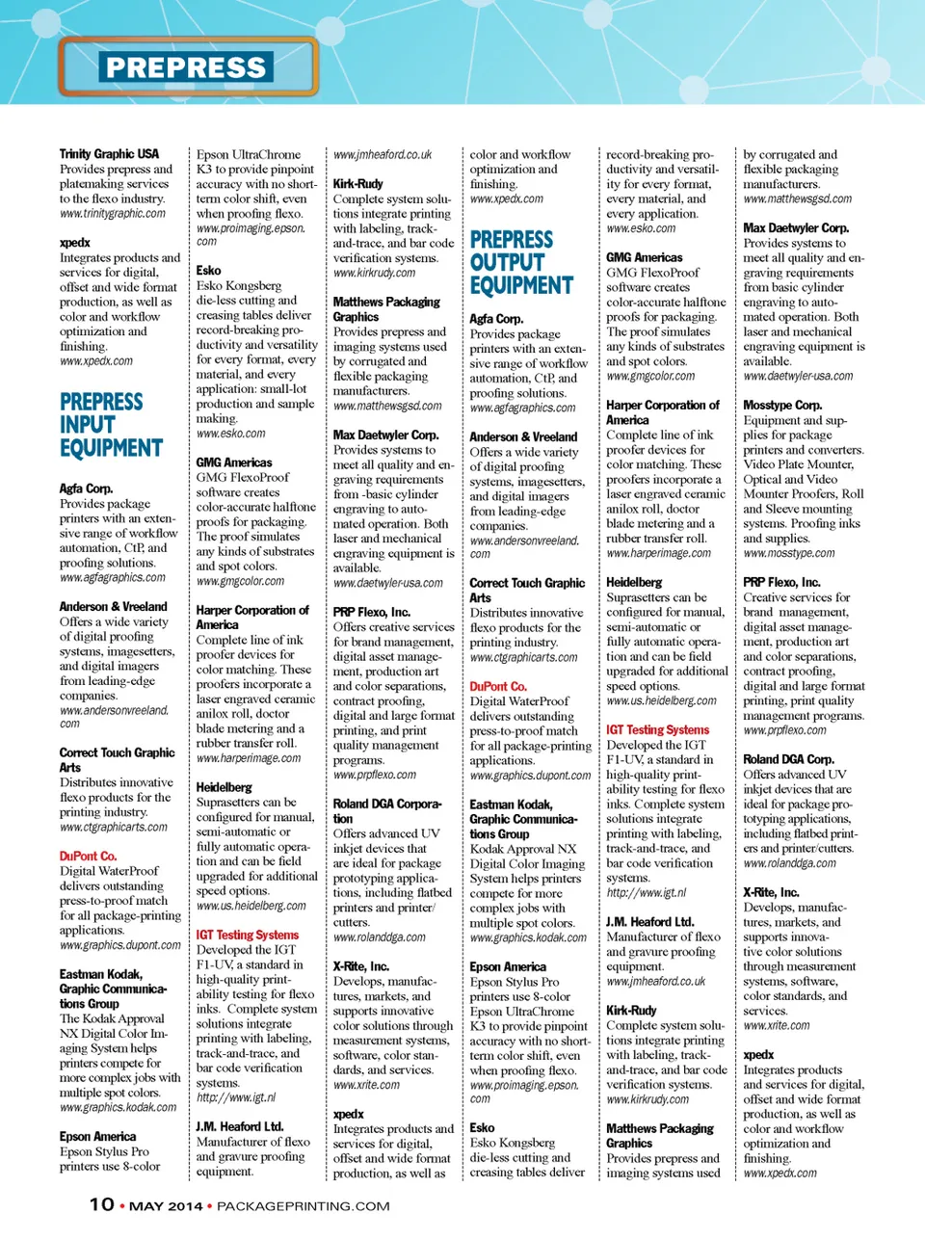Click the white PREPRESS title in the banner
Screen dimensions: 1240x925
[185, 67]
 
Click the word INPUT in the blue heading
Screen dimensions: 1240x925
[87, 425]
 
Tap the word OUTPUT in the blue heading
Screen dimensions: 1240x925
[507, 262]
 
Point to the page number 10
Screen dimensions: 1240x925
[102, 1204]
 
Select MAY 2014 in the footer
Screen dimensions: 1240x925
[166, 1206]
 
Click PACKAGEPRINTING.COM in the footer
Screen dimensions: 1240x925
[304, 1206]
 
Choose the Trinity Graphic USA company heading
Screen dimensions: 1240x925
[109, 154]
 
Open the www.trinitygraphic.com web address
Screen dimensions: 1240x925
[112, 214]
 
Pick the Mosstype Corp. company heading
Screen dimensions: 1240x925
[782, 406]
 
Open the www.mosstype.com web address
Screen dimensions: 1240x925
[788, 554]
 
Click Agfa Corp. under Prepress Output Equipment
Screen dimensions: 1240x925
[496, 319]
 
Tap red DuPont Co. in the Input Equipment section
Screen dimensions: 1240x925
[88, 857]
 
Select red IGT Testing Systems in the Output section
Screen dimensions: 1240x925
[657, 730]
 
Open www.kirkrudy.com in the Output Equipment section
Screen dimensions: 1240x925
[647, 1099]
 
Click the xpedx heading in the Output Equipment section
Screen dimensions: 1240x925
[758, 1055]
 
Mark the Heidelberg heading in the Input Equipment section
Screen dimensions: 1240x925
[224, 787]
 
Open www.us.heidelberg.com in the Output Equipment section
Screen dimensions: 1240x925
[661, 701]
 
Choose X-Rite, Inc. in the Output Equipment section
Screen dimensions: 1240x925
[771, 893]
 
